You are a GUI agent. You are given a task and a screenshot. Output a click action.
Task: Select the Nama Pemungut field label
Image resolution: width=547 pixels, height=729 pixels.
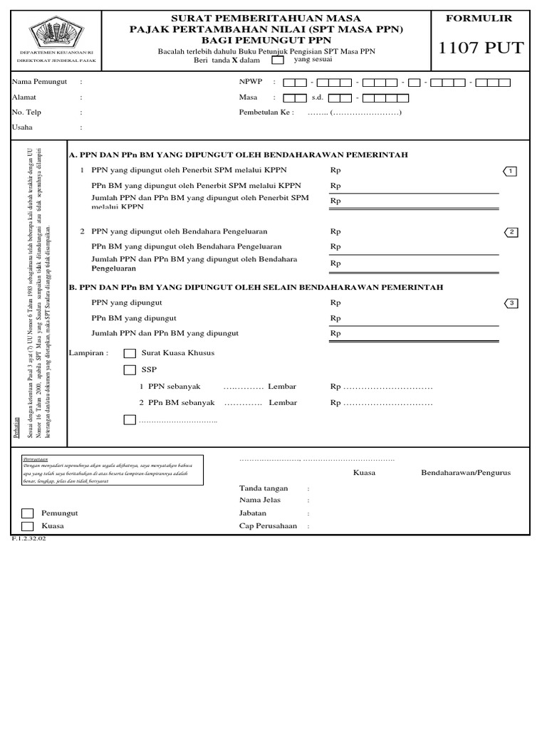point(39,82)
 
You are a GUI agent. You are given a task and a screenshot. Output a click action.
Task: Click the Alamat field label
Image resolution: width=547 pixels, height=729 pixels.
point(24,98)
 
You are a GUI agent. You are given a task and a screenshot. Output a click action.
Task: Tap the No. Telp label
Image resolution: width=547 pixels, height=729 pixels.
point(27,112)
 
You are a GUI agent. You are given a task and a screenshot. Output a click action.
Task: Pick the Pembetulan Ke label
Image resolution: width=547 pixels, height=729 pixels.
point(266,112)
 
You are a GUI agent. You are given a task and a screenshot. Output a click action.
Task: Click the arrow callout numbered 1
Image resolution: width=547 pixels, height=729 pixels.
point(513,171)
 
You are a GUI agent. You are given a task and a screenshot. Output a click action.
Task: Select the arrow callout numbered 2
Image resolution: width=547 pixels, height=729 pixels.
point(513,232)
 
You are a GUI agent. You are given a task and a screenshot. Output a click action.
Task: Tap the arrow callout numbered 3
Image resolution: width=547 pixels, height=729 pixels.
point(513,303)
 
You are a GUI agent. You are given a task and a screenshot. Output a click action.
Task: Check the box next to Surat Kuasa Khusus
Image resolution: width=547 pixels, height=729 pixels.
point(130,353)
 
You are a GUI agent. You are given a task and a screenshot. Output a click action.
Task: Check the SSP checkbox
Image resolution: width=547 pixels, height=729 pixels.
point(130,369)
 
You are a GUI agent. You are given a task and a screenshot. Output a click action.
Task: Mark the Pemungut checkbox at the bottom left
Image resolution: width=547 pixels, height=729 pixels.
point(27,513)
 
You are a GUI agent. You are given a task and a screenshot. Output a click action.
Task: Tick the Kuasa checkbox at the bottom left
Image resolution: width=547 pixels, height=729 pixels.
point(27,526)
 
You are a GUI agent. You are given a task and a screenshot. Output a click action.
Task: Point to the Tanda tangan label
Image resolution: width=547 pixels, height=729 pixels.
point(264,488)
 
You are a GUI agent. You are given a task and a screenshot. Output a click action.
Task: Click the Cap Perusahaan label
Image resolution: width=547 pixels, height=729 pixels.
point(267,526)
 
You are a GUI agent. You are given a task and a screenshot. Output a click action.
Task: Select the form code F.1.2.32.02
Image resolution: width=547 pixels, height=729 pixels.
point(28,539)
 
